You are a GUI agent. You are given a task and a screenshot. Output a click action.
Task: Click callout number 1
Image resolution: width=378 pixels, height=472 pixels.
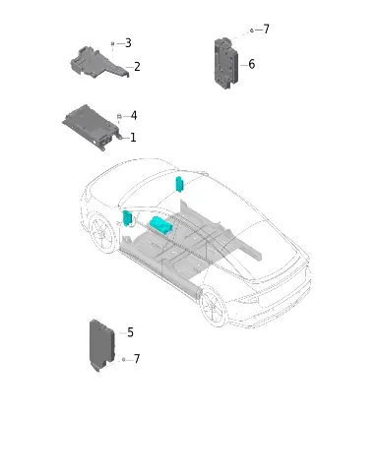[x=133, y=138]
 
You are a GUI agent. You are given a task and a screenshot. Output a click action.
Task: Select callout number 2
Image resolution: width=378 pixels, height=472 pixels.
[x=137, y=67]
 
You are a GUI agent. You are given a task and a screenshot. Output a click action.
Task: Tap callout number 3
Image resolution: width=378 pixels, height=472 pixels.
[x=128, y=43]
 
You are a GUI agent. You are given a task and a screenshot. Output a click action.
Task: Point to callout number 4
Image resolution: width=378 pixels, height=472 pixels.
[x=134, y=115]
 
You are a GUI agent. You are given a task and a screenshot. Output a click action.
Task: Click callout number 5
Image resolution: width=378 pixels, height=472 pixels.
[x=130, y=332]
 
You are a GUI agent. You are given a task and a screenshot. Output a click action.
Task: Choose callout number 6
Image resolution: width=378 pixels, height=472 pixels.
[x=252, y=64]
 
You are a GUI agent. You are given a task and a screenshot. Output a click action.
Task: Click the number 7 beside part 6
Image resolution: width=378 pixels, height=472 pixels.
[x=267, y=29]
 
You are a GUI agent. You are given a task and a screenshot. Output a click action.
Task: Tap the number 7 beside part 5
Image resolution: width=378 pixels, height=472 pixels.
[x=137, y=359]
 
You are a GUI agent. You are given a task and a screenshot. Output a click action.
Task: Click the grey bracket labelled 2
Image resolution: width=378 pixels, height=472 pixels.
[x=99, y=62]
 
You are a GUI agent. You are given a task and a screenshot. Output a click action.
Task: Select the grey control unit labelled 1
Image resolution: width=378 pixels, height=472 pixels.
[x=91, y=127]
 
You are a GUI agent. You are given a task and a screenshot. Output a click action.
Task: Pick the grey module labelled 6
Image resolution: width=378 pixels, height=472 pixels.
[x=226, y=63]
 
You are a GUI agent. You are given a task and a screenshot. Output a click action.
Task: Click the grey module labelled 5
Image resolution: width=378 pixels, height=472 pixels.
[x=101, y=344]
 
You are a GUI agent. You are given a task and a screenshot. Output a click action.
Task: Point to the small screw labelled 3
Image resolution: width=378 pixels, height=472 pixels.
[x=112, y=43]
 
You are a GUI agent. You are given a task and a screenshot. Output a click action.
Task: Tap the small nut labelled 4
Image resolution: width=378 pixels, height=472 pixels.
[x=119, y=116]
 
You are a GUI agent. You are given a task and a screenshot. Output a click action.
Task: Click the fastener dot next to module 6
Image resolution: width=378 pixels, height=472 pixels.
[x=252, y=30]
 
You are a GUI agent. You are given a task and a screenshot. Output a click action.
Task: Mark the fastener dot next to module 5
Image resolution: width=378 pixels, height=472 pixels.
[x=124, y=360]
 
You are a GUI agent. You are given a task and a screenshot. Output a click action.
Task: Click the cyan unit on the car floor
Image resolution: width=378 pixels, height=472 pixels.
[x=160, y=225]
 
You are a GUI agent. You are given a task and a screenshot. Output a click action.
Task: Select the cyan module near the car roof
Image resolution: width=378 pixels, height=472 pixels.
[x=179, y=184]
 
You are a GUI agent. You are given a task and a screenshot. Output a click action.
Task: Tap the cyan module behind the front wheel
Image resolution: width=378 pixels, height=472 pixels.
[x=127, y=218]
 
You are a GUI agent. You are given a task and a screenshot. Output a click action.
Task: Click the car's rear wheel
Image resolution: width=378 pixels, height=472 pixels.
[x=213, y=306]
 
